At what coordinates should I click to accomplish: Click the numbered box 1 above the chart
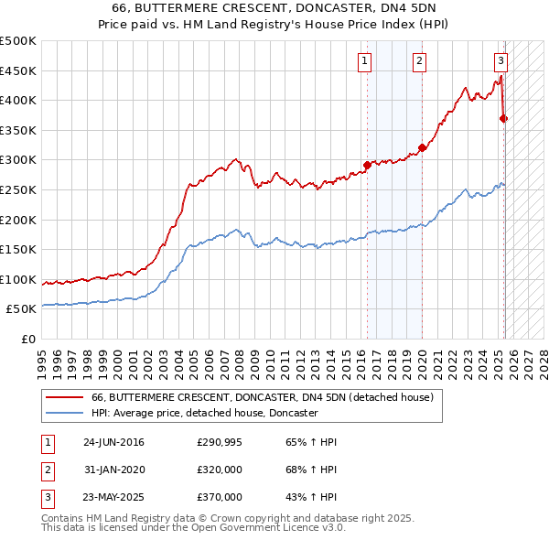364,61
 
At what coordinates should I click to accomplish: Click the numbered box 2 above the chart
419,61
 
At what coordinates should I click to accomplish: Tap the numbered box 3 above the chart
501,61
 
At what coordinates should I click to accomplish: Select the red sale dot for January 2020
422,147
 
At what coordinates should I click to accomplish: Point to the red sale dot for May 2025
504,118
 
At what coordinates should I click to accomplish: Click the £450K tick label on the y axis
18,70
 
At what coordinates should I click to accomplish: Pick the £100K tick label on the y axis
18,279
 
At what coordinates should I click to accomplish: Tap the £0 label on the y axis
29,339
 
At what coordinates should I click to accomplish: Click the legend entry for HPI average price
204,413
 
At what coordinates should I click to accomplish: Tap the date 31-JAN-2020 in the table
113,470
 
